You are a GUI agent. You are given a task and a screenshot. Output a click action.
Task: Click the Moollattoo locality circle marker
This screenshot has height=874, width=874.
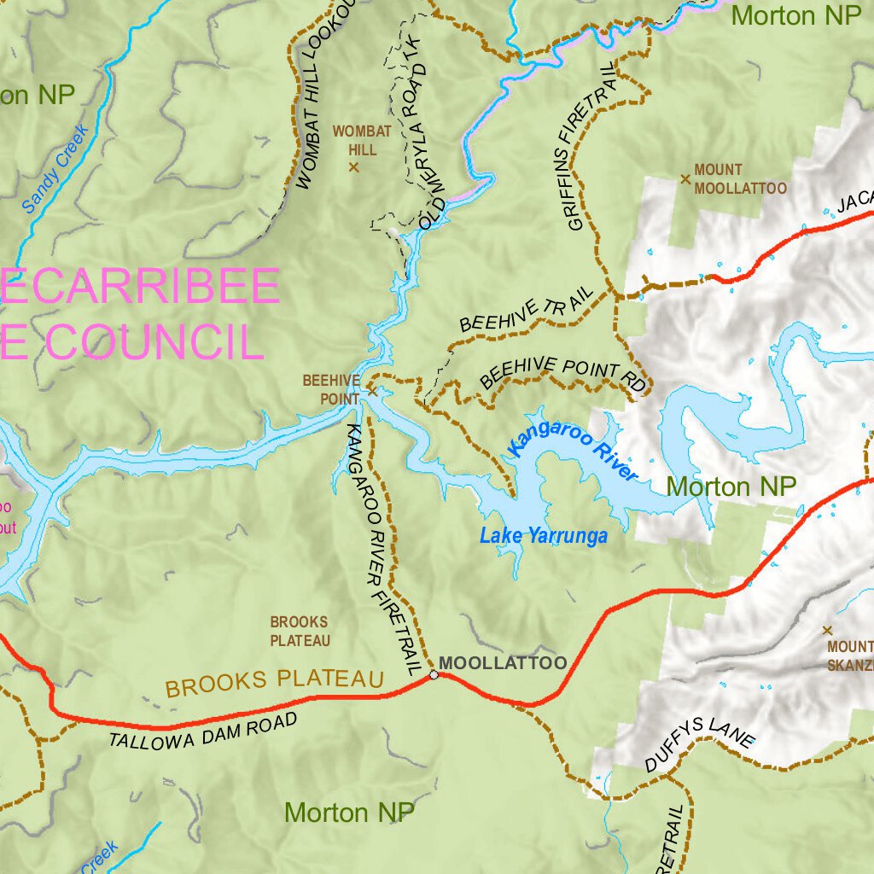click(x=434, y=675)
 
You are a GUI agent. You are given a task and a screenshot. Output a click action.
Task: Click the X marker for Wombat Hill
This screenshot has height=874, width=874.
click(x=353, y=167)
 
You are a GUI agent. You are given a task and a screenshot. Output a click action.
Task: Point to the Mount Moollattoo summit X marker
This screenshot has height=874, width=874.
click(x=685, y=179)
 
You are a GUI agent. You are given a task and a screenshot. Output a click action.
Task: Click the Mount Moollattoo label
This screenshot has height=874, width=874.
click(x=739, y=179)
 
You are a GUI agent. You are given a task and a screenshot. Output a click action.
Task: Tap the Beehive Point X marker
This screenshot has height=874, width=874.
click(x=372, y=392)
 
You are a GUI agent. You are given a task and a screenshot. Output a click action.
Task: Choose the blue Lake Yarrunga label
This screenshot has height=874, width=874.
click(x=544, y=537)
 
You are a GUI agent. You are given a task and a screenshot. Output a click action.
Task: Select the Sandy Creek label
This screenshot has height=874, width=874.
click(x=55, y=169)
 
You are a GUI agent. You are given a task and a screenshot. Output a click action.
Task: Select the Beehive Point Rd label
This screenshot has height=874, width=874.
click(x=563, y=374)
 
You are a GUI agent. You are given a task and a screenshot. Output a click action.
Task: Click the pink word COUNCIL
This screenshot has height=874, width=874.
click(x=154, y=341)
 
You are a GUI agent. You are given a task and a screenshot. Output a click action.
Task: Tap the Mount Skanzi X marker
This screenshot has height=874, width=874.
click(x=826, y=631)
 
